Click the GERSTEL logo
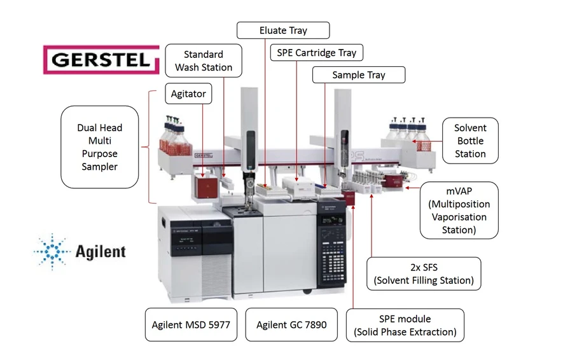(101, 60)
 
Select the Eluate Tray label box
(283, 31)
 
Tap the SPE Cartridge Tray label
(317, 53)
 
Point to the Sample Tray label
(358, 75)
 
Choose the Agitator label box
(188, 94)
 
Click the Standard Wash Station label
(204, 60)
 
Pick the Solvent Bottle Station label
(470, 141)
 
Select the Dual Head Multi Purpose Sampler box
(99, 147)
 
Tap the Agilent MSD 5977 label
(191, 324)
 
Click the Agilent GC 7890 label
(291, 324)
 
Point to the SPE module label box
(405, 325)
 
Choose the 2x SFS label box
(423, 273)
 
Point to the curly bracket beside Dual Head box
(151, 147)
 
